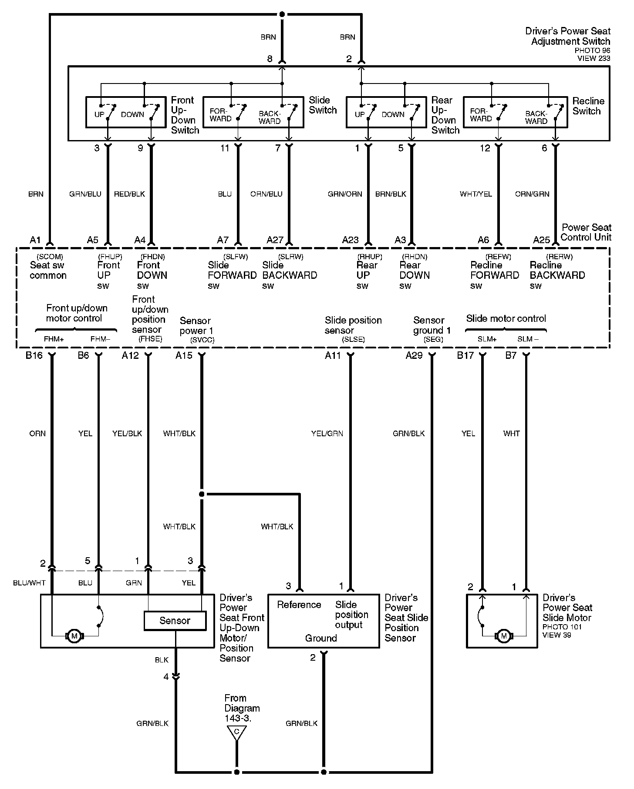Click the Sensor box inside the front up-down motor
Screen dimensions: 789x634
(175, 621)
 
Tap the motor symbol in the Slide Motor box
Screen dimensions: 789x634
(504, 636)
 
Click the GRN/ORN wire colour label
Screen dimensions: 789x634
(345, 194)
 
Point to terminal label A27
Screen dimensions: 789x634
(275, 240)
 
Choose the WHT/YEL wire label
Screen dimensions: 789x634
(476, 194)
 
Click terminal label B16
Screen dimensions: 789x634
(34, 355)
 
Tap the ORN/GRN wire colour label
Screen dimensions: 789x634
(532, 194)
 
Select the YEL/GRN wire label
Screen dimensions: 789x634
(327, 433)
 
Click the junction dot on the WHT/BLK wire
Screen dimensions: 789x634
(202, 494)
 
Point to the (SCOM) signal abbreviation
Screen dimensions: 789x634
(50, 257)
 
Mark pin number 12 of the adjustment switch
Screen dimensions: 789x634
(485, 148)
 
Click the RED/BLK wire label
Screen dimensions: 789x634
(129, 194)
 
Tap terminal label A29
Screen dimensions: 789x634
(414, 355)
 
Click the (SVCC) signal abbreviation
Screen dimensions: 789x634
(202, 340)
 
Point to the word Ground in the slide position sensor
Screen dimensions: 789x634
(321, 638)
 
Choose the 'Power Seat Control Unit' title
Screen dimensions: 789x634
(586, 232)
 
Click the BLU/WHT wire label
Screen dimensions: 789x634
(29, 583)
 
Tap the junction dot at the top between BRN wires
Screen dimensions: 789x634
(282, 14)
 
